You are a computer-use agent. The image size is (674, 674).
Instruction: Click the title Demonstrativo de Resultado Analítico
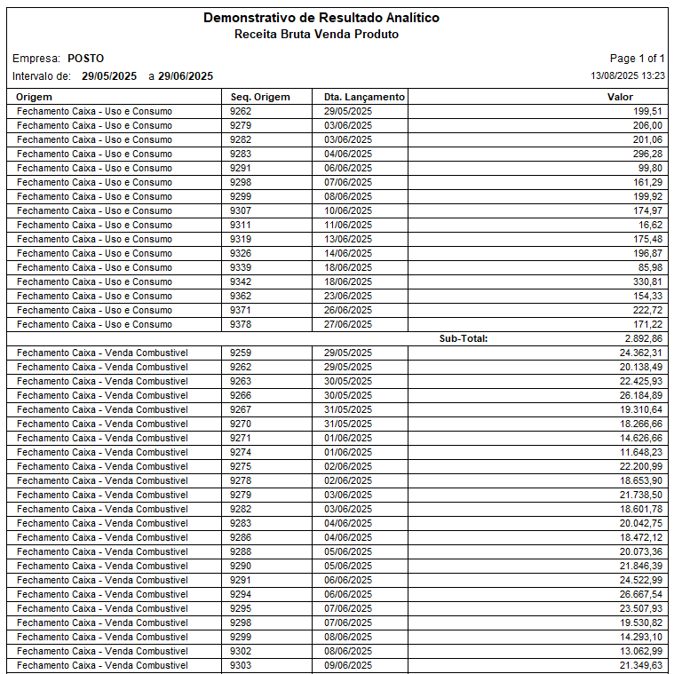[321, 18]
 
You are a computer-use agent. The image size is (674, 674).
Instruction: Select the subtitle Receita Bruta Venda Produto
[316, 35]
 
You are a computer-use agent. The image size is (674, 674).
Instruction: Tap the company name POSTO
[85, 59]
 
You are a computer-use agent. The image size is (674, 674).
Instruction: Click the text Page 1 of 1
[637, 59]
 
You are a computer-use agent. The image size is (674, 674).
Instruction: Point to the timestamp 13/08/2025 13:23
[628, 76]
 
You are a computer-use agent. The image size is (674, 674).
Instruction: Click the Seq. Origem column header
[260, 97]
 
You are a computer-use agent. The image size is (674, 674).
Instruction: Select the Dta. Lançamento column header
[364, 97]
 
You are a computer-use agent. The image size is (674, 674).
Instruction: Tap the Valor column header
[620, 97]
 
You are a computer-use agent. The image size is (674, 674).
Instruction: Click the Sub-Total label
[464, 338]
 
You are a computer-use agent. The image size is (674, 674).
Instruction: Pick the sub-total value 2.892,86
[643, 338]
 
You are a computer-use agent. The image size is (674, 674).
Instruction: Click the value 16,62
[648, 225]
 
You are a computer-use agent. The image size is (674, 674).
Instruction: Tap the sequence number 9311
[241, 225]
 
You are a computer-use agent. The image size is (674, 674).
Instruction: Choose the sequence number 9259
[241, 353]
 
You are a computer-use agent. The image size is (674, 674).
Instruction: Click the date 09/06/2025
[348, 665]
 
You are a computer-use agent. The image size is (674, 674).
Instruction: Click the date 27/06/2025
[348, 324]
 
